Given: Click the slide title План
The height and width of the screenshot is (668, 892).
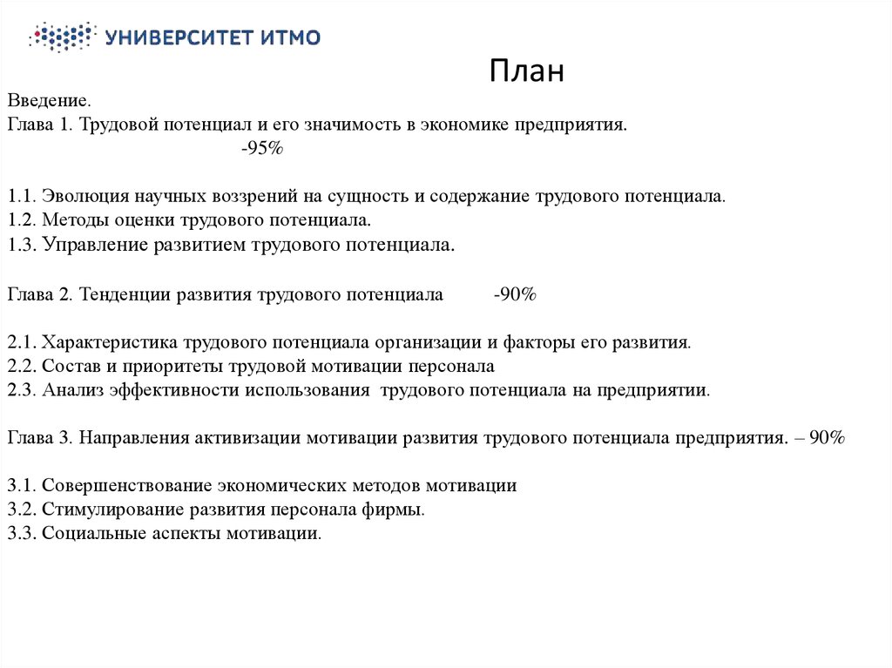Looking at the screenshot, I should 526,71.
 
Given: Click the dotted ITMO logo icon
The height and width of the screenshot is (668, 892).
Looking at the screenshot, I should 60,37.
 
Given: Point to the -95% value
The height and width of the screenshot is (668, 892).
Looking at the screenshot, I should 262,149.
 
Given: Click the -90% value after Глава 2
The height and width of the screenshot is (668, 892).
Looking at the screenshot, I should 514,294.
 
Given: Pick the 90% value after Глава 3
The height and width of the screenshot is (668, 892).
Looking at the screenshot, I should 826,437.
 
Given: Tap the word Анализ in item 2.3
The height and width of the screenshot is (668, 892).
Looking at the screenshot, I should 72,390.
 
